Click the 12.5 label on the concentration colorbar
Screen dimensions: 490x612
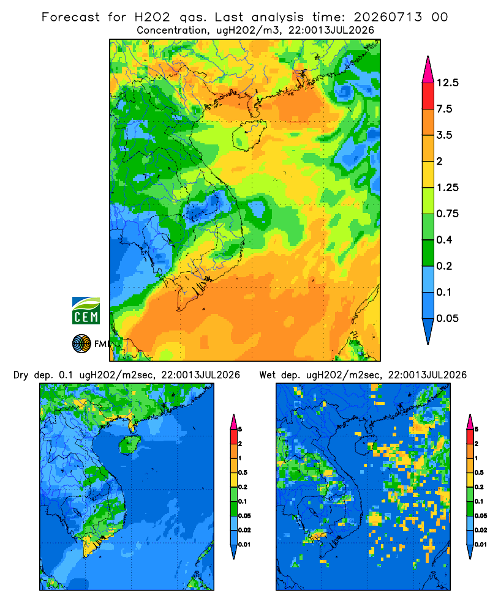[447, 83]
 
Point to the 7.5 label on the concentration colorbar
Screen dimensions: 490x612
[444, 109]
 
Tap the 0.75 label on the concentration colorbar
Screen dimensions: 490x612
[447, 214]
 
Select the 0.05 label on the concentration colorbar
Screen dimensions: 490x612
[447, 318]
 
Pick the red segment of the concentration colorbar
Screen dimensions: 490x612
[428, 96]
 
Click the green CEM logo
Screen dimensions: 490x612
[86, 311]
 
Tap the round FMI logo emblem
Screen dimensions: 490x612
[81, 343]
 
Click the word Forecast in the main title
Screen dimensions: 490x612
[70, 17]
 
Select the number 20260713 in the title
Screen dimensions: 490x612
[388, 17]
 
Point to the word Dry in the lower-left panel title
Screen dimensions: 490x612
[21, 376]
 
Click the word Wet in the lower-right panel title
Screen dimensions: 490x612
[268, 375]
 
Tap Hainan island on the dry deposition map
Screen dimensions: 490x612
[129, 444]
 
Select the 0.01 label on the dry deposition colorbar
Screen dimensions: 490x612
[244, 545]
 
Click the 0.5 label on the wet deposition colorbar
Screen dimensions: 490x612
[478, 472]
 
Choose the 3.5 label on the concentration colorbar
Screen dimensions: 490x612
[444, 135]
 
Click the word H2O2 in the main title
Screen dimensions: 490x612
[153, 17]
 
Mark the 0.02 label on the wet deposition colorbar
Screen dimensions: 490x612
[481, 530]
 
